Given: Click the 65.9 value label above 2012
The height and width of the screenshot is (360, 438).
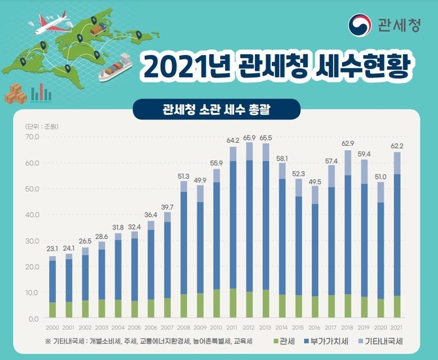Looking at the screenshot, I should [249, 137].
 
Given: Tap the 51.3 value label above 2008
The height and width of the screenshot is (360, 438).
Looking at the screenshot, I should [184, 176].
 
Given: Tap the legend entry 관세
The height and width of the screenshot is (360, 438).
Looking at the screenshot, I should [282, 342].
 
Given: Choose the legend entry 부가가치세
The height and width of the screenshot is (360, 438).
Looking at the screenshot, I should [325, 342].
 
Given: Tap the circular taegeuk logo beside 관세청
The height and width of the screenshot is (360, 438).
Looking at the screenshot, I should [362, 24].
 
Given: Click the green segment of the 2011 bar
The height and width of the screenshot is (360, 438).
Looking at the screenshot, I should [233, 303].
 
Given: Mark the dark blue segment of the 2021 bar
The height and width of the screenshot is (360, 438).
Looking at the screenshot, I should [397, 235].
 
